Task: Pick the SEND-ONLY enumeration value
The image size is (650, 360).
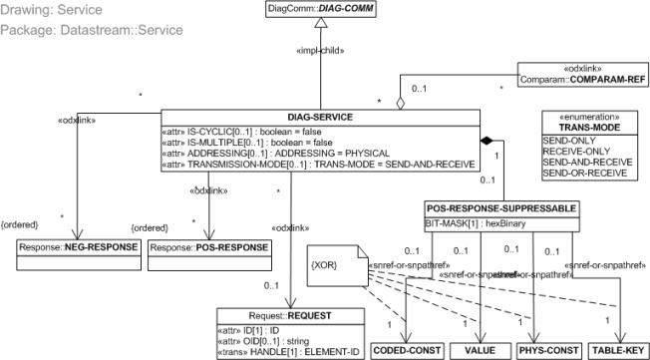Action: pyautogui.click(x=565, y=141)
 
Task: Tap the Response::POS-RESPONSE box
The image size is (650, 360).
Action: pyautogui.click(x=210, y=246)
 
